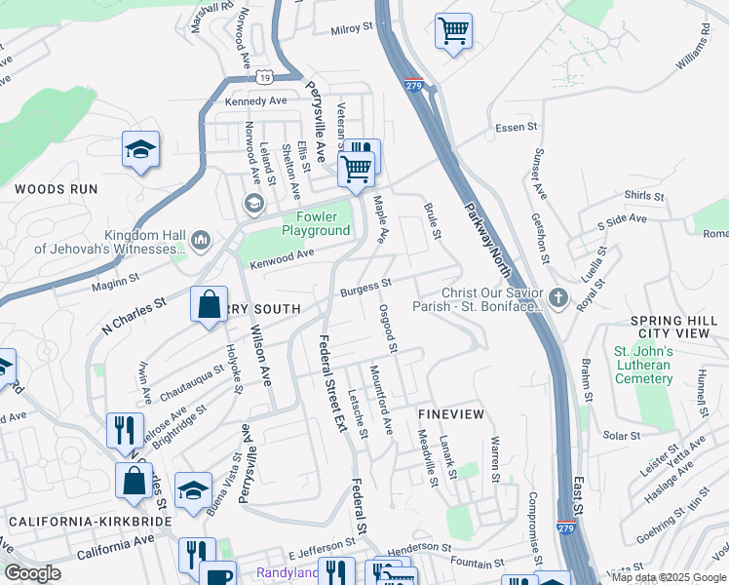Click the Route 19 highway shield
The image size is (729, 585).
click(265, 76)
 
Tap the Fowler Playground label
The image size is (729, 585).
click(316, 223)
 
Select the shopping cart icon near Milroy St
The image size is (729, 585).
click(453, 31)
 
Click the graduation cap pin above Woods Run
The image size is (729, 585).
click(141, 149)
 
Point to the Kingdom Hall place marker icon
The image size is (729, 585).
click(201, 239)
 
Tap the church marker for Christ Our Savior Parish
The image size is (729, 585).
click(557, 298)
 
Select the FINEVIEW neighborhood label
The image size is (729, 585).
click(450, 414)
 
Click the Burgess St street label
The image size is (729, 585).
click(365, 288)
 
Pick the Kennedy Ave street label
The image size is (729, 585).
click(255, 100)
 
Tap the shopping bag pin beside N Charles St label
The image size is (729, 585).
click(210, 305)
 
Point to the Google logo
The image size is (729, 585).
click(33, 572)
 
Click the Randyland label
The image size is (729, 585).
click(287, 572)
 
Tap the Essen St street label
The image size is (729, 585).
click(517, 128)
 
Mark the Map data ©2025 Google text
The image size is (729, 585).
click(669, 577)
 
